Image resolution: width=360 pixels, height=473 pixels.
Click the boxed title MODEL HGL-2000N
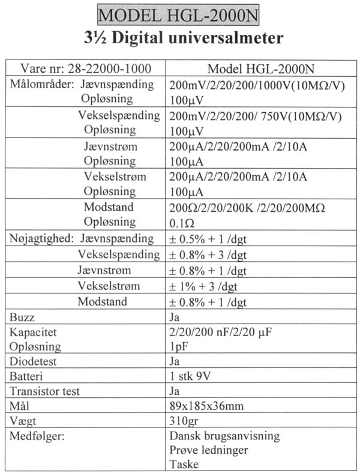coord(180,14)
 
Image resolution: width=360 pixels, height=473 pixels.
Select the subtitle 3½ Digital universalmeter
coord(180,39)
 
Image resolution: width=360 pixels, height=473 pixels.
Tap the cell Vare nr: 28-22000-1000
coord(85,68)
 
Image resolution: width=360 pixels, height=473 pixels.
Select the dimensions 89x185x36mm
coord(207,406)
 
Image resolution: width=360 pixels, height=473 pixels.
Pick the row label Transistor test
coord(46,391)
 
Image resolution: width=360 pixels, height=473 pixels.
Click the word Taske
coord(184,464)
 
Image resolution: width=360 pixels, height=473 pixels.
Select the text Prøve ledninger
coord(209,450)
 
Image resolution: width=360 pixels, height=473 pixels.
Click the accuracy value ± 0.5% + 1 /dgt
coord(208,239)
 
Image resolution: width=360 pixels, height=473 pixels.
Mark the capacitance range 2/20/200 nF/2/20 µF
coord(226,331)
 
